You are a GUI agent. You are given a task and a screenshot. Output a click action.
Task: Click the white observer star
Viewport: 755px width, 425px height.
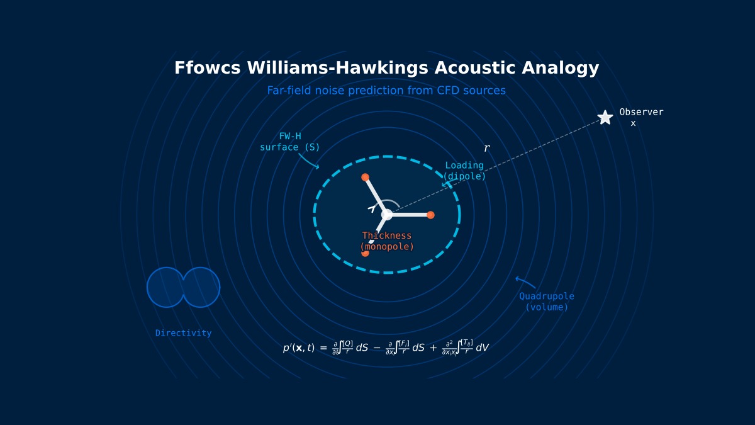605,118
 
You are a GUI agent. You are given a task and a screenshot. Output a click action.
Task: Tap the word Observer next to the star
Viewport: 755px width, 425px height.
641,112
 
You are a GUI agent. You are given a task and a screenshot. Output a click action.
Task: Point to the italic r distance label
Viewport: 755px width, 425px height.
486,149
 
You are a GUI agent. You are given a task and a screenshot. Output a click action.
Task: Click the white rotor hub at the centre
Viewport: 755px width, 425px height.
387,215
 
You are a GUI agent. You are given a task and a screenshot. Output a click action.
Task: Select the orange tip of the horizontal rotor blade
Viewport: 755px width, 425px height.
430,215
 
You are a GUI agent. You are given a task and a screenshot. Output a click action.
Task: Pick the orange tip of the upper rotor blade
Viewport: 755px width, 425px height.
365,177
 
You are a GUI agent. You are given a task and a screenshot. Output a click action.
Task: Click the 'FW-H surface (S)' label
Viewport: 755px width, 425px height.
290,142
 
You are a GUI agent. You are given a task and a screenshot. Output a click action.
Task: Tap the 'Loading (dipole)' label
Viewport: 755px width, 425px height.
464,171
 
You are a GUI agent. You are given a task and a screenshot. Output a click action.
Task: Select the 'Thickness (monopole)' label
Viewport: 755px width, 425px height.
387,241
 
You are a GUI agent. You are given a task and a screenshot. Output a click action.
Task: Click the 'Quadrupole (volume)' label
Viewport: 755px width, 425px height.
547,302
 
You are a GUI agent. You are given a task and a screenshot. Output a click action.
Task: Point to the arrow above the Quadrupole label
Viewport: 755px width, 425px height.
525,282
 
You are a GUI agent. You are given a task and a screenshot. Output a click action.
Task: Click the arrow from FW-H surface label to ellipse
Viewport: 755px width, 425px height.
308,161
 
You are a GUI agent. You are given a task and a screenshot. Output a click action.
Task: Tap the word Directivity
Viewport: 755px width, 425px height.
183,333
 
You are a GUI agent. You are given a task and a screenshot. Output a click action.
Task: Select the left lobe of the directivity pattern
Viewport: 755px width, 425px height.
165,287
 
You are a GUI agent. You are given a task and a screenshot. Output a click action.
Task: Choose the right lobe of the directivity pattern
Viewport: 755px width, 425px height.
201,287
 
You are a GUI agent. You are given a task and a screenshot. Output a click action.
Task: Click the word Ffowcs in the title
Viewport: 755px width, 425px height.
207,68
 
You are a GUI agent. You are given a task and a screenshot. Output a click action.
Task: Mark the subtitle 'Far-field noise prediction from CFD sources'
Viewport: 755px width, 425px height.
386,91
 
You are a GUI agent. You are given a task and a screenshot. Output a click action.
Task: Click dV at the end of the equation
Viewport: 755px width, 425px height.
482,348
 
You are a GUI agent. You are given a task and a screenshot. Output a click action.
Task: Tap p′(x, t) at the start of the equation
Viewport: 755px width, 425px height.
299,348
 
